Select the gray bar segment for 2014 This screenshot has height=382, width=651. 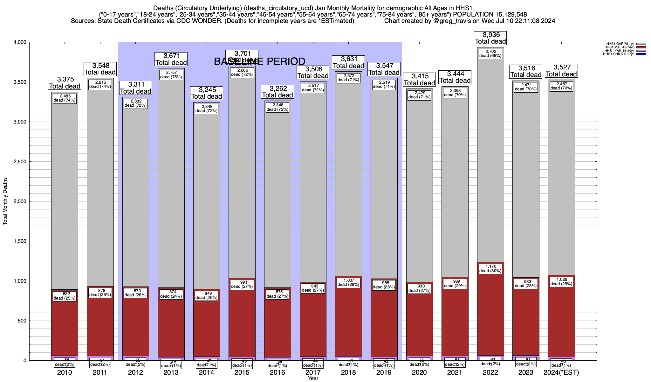point(207,197)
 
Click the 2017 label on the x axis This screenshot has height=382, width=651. point(313,372)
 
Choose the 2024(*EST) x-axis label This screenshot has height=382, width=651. point(561,372)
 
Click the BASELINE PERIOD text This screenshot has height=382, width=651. point(259,61)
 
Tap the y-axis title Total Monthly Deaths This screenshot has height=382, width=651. point(5,201)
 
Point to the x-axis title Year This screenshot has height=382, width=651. point(313,378)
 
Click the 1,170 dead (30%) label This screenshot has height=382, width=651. point(490,269)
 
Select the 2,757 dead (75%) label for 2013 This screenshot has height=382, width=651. point(171,74)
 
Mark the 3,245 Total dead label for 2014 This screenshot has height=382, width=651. point(207,93)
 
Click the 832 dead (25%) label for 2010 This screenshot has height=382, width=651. point(65,296)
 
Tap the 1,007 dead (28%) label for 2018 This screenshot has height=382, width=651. point(348,282)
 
